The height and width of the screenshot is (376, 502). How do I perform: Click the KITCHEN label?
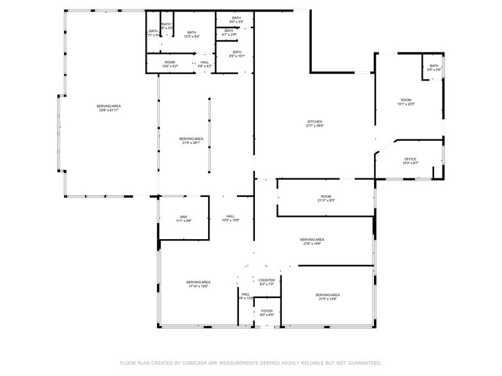pos(314,121)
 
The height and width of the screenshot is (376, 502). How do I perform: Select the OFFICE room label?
pos(410,159)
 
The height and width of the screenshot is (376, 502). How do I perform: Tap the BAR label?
pos(183,217)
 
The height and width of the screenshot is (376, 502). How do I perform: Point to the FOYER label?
pos(266,311)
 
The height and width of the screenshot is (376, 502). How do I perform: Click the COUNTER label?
pos(266,280)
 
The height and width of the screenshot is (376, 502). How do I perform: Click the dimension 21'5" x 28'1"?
pos(191,143)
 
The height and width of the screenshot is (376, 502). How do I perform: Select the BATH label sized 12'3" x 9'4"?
pos(191,32)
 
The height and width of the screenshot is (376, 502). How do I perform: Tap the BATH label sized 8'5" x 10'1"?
pos(237,52)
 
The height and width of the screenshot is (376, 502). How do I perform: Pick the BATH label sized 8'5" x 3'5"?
pos(236,18)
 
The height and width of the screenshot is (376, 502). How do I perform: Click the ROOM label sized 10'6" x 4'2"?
pos(169,62)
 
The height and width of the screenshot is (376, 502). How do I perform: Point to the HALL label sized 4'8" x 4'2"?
pos(204,62)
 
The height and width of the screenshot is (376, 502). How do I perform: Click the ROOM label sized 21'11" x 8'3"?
pos(326,196)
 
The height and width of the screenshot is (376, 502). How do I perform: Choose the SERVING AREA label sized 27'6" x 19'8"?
pos(312,240)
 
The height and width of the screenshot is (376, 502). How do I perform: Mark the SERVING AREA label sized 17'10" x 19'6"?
pos(199,282)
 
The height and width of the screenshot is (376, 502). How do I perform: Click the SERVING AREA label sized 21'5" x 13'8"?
pos(327,295)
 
